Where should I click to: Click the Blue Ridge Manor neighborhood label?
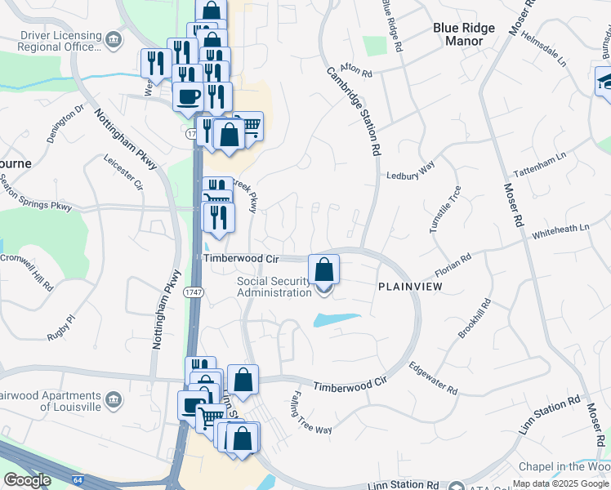tap(464, 33)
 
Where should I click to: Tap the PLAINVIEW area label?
tap(410, 287)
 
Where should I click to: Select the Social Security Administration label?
tap(274, 287)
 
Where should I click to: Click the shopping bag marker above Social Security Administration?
tap(324, 268)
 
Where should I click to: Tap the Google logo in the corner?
tap(26, 479)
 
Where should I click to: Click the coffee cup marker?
tap(188, 96)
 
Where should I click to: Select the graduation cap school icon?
tap(605, 81)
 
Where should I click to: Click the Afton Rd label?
tap(355, 73)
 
